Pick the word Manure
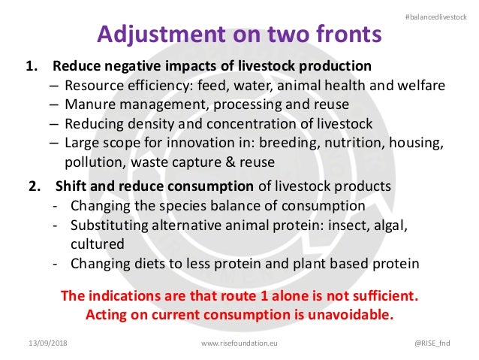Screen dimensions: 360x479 coord(89,104)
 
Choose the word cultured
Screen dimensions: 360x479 coord(97,244)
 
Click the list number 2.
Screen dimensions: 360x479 coord(34,186)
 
